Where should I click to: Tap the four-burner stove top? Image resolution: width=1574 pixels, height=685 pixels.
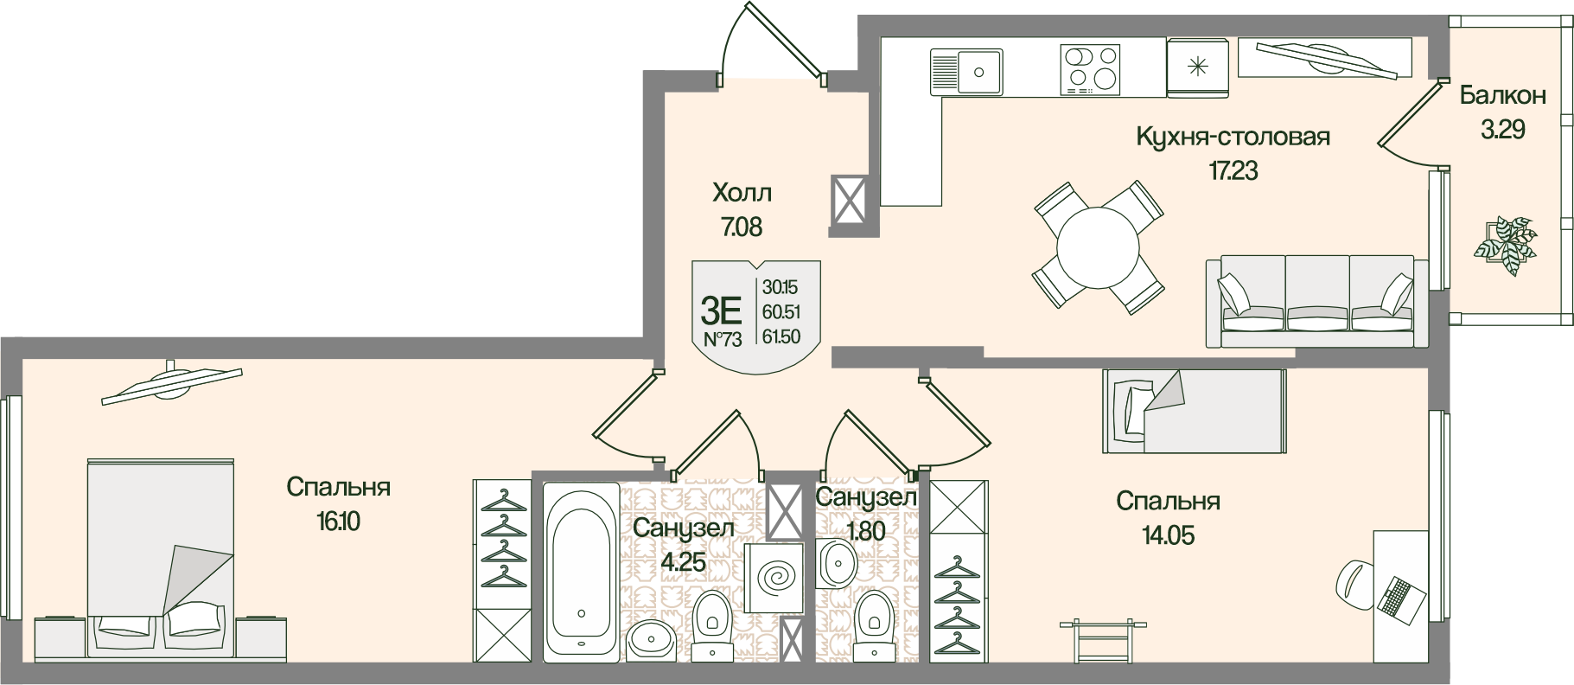click(1089, 68)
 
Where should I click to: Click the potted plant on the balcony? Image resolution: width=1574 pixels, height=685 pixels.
click(1505, 243)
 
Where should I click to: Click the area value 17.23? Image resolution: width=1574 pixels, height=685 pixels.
click(1233, 170)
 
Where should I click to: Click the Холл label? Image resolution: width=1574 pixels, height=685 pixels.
click(742, 191)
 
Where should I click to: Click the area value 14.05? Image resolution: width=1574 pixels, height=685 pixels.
click(1167, 536)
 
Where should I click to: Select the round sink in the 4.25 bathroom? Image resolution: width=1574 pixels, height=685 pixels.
click(655, 642)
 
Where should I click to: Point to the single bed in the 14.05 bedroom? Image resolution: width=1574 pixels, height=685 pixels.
click(1194, 411)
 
